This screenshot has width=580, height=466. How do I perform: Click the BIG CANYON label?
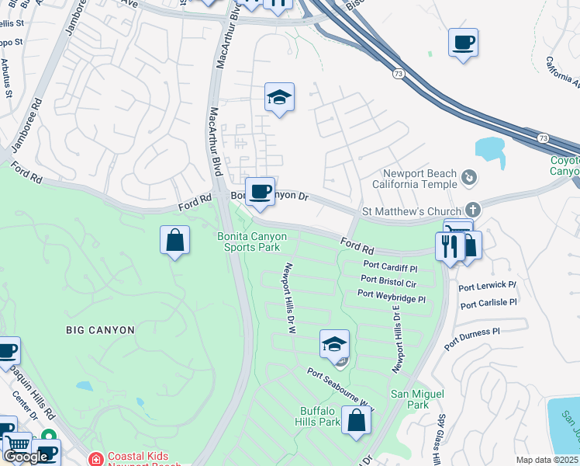[x=100, y=330]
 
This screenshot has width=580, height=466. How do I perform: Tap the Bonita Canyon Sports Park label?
[x=250, y=242]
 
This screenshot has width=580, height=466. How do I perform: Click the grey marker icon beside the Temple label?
[x=468, y=179]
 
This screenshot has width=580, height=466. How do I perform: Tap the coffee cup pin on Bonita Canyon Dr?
[x=260, y=191]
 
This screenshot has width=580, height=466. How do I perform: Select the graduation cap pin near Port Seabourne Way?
[x=334, y=343]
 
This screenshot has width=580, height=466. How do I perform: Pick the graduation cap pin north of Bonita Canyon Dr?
[x=279, y=97]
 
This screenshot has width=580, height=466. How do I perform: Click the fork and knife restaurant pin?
[x=450, y=246]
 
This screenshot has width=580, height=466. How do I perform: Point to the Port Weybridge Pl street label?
[x=391, y=296]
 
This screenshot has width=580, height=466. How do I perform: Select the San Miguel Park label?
[x=409, y=399]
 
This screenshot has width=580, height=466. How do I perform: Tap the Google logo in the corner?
[x=26, y=457]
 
